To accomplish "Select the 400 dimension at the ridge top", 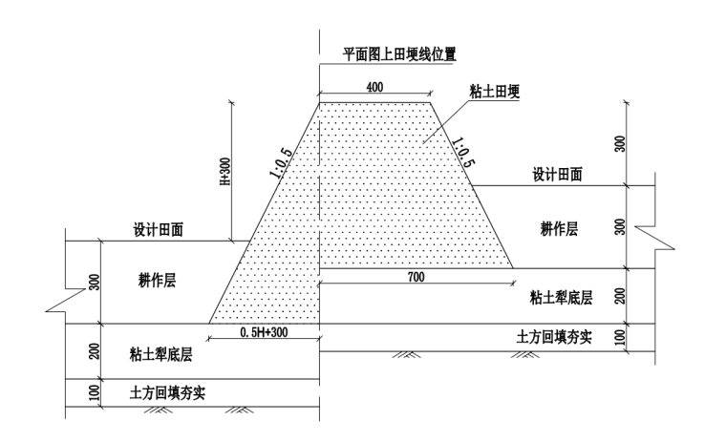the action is click(x=374, y=87).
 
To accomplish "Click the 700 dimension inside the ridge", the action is click(x=414, y=277).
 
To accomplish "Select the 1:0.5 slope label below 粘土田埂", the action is click(x=462, y=150).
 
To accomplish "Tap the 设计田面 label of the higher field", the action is click(x=558, y=176).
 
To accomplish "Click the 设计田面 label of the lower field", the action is click(x=159, y=231).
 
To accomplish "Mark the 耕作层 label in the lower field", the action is click(x=159, y=283).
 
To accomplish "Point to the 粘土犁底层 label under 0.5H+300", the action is click(x=160, y=353).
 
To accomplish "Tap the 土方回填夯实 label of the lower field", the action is click(x=160, y=392).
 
